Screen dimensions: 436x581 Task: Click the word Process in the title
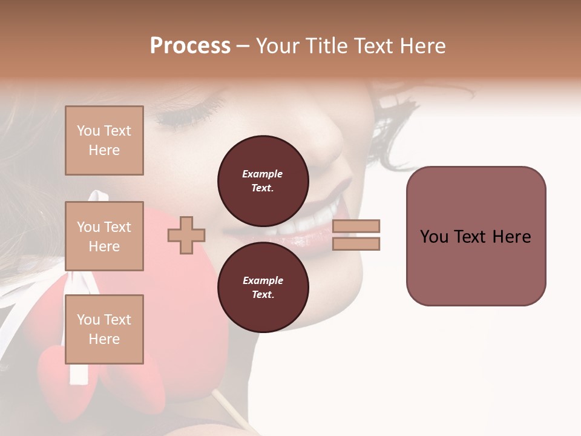(x=190, y=46)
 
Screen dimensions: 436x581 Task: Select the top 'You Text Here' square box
(x=104, y=140)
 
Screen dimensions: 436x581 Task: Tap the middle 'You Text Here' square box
(x=104, y=236)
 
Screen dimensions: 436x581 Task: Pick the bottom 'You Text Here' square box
(x=104, y=329)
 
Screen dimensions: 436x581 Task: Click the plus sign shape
(x=186, y=234)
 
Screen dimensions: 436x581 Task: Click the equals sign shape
(x=356, y=235)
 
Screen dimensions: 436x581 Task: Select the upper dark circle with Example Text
(x=263, y=180)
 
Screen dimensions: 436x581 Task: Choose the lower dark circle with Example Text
(x=263, y=287)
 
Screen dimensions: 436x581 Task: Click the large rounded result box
(x=476, y=236)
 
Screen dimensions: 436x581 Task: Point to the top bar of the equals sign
(x=356, y=226)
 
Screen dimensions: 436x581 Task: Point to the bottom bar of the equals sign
(x=356, y=244)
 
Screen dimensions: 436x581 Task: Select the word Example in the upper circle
(x=263, y=174)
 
